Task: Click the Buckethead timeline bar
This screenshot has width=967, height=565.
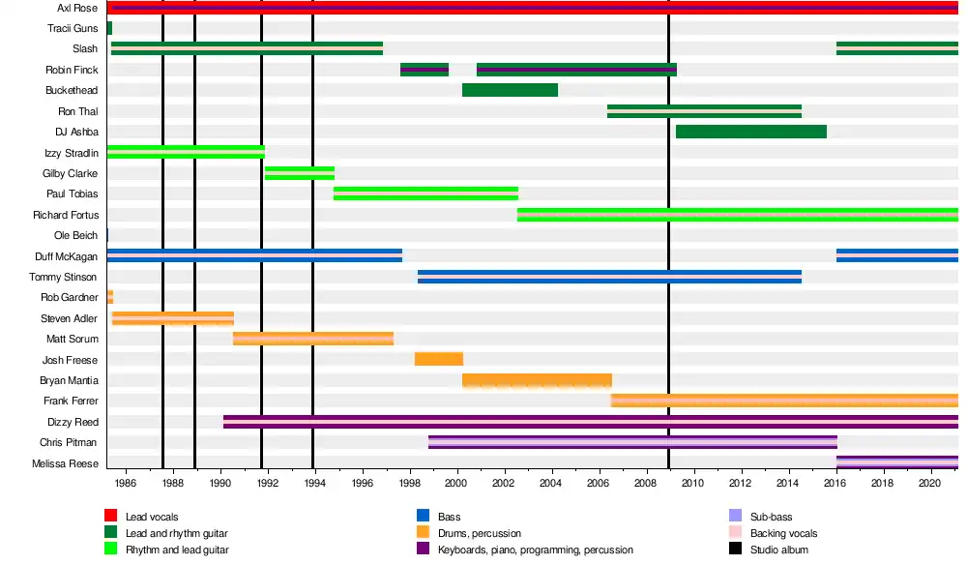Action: click(x=510, y=90)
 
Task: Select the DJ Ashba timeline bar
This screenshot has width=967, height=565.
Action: click(x=750, y=132)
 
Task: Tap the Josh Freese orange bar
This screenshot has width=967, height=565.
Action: click(x=438, y=359)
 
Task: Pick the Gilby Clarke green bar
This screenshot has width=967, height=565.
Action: click(x=300, y=173)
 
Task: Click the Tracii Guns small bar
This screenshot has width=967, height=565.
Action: click(x=109, y=28)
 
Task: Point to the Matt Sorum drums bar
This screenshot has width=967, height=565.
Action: click(x=313, y=339)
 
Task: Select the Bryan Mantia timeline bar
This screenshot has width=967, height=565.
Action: click(x=537, y=380)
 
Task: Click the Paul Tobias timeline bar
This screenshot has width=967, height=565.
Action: click(x=425, y=193)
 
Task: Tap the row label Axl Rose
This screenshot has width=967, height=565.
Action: click(x=77, y=8)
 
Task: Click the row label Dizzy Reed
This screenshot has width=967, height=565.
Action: click(x=73, y=422)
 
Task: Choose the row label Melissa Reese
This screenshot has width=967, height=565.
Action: click(x=66, y=463)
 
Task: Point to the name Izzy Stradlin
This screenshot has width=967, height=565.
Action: click(x=71, y=153)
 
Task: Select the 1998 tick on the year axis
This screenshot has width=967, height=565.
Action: click(x=409, y=482)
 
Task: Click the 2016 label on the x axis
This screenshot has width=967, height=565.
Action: click(x=835, y=482)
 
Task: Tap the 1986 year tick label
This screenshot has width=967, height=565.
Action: click(x=126, y=482)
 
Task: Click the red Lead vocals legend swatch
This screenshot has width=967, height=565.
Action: click(x=111, y=517)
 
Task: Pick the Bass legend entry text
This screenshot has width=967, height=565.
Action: click(x=449, y=517)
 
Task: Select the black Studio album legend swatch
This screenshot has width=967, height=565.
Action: click(x=736, y=550)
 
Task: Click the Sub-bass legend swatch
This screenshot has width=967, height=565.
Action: click(x=736, y=517)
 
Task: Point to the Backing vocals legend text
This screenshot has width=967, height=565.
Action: click(x=783, y=533)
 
